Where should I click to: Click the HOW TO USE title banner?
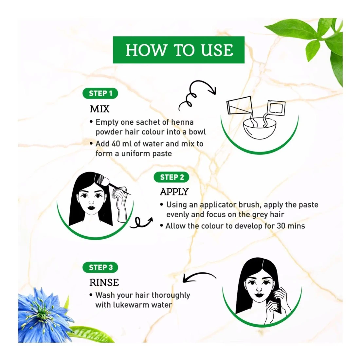(x=179, y=50)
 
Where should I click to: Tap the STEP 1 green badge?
(x=100, y=94)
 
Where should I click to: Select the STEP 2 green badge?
(x=171, y=177)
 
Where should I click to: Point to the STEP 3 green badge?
(x=100, y=267)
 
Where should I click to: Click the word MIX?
(x=99, y=109)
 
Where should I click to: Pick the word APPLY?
(x=174, y=192)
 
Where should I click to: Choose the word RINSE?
(x=104, y=283)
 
